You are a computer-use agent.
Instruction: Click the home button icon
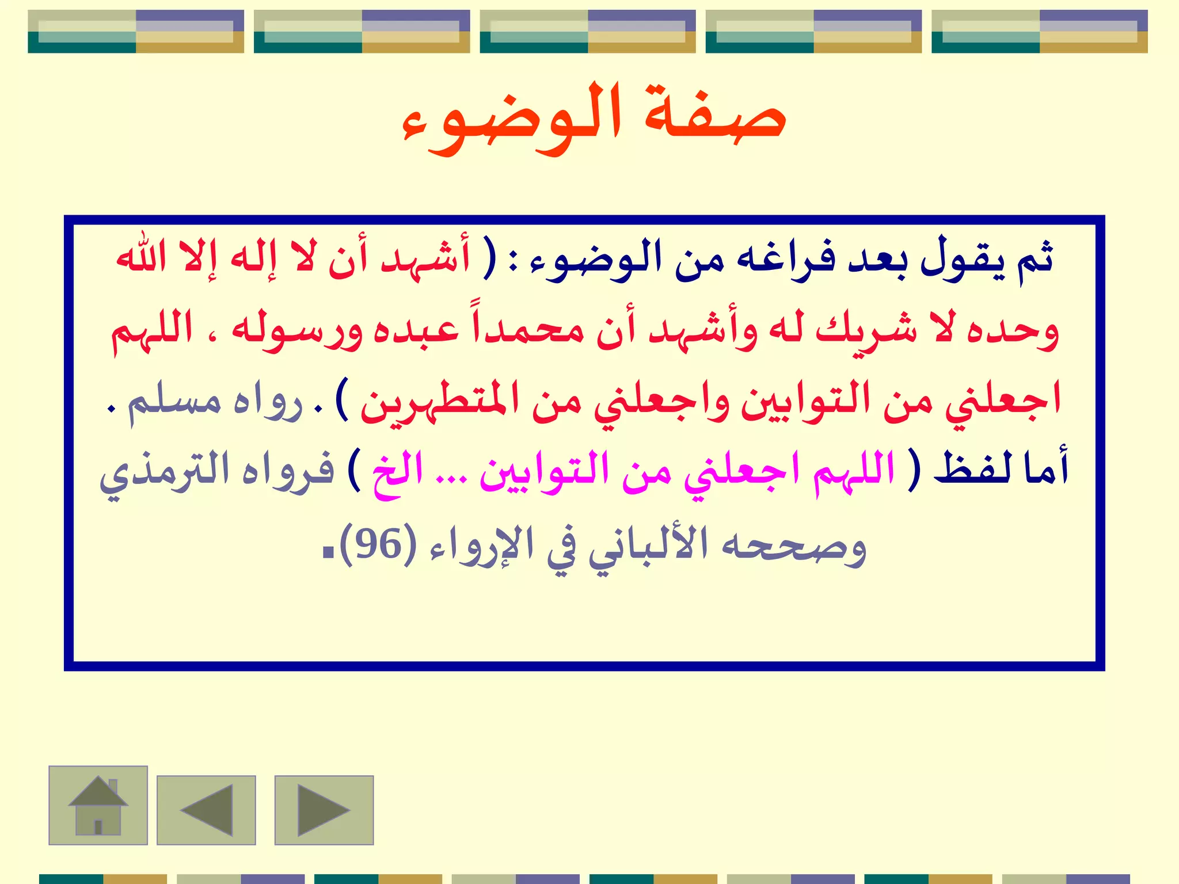point(98,805)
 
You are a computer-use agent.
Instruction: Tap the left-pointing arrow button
point(206,810)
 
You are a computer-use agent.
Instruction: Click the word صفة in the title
point(714,115)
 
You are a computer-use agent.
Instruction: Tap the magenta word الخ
point(397,472)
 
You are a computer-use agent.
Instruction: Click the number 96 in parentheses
point(378,543)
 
